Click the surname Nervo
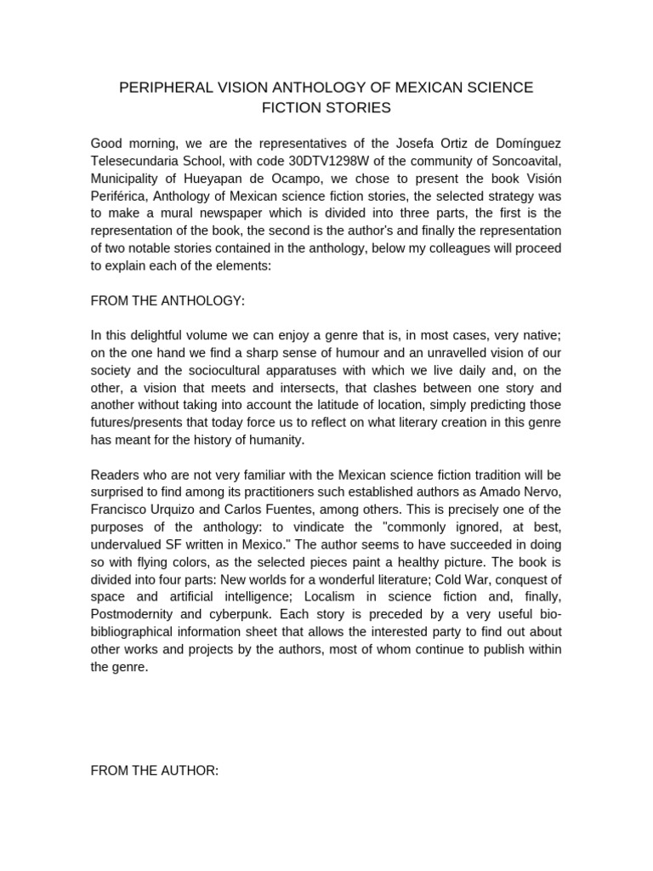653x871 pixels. point(543,492)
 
